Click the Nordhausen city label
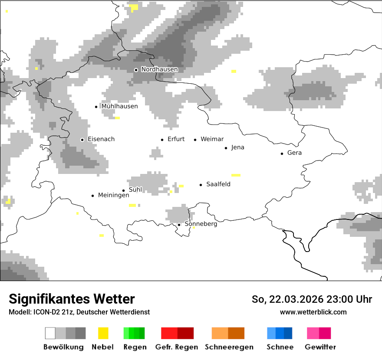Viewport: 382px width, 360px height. click(x=159, y=69)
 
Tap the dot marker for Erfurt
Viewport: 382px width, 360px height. click(x=162, y=140)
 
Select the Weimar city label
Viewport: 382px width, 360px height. click(x=212, y=139)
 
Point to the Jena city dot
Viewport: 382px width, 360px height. click(x=226, y=148)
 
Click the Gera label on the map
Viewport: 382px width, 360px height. click(x=294, y=153)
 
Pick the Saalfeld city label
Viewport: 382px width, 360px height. click(x=218, y=184)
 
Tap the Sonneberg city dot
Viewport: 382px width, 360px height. click(x=179, y=225)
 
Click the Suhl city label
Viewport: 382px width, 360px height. click(x=135, y=190)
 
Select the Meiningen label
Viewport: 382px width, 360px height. click(x=113, y=195)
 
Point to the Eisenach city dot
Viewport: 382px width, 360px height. click(x=82, y=140)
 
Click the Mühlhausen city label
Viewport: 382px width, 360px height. click(x=119, y=106)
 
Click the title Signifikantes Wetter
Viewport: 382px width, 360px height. click(x=72, y=299)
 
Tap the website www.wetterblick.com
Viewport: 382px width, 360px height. click(x=313, y=312)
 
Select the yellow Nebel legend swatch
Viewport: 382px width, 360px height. click(x=103, y=333)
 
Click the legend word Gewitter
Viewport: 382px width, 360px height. click(x=320, y=347)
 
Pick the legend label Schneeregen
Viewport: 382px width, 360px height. click(x=229, y=347)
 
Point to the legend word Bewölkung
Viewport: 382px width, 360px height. click(x=63, y=347)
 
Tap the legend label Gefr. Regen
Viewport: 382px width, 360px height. click(x=176, y=347)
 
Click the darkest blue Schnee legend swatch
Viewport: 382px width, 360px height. click(x=288, y=333)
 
